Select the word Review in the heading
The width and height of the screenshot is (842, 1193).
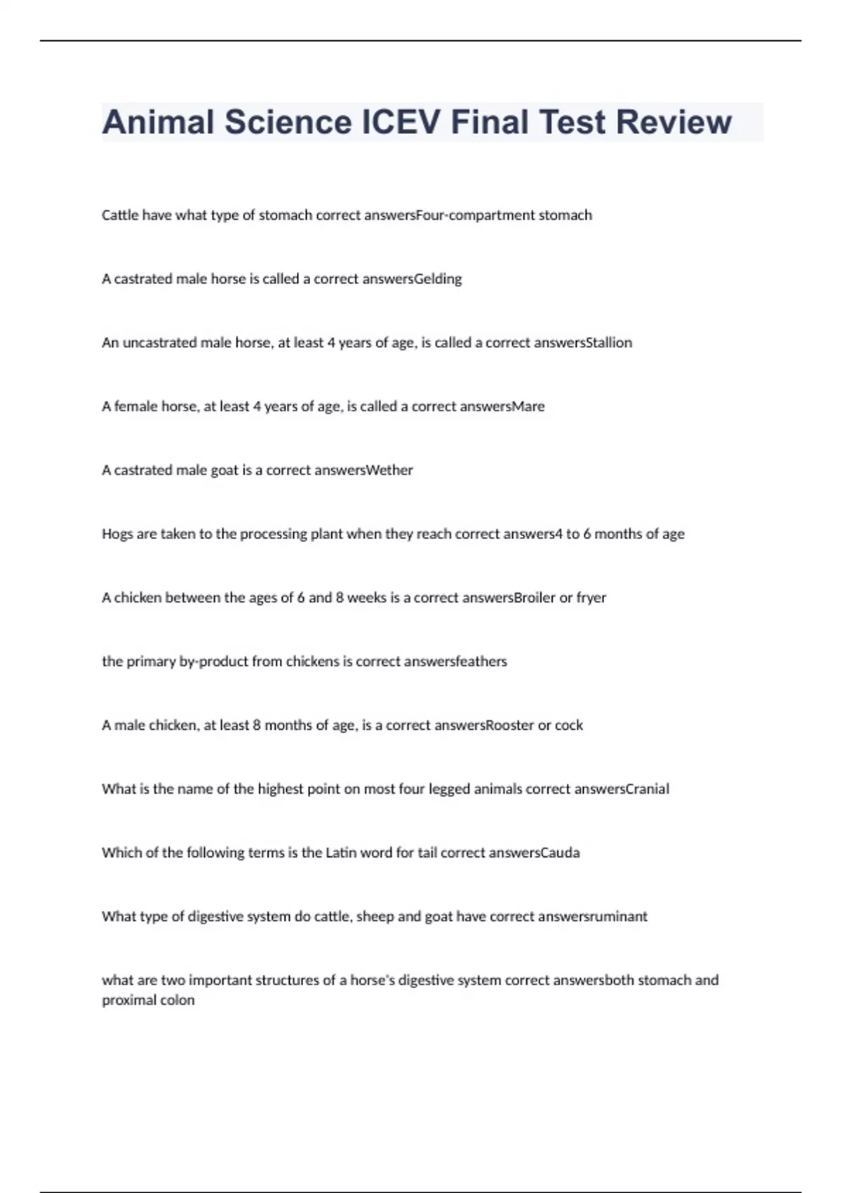click(674, 122)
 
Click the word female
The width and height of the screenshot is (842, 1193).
click(136, 406)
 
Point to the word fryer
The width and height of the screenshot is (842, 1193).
click(592, 598)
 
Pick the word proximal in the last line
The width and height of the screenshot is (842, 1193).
click(128, 1000)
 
